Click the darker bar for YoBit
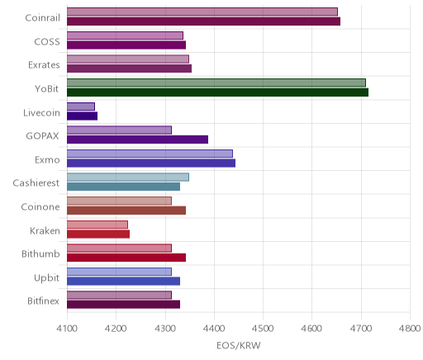click(x=217, y=92)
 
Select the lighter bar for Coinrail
click(x=202, y=12)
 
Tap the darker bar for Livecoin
click(x=82, y=116)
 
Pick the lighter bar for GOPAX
click(x=119, y=130)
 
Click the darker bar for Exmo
click(x=151, y=163)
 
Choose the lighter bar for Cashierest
click(x=128, y=178)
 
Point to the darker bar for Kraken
click(x=98, y=234)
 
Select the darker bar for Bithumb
click(x=126, y=258)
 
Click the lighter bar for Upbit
click(x=119, y=272)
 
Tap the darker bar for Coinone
click(x=126, y=211)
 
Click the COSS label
click(x=47, y=42)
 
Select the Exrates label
click(x=44, y=65)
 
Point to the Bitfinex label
click(x=43, y=301)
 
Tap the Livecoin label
click(x=41, y=113)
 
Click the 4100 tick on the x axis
click(x=67, y=329)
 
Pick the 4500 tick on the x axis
click(x=263, y=329)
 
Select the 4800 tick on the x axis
click(x=410, y=329)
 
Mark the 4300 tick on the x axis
click(x=165, y=329)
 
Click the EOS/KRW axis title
click(x=239, y=346)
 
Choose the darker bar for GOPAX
click(x=137, y=140)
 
